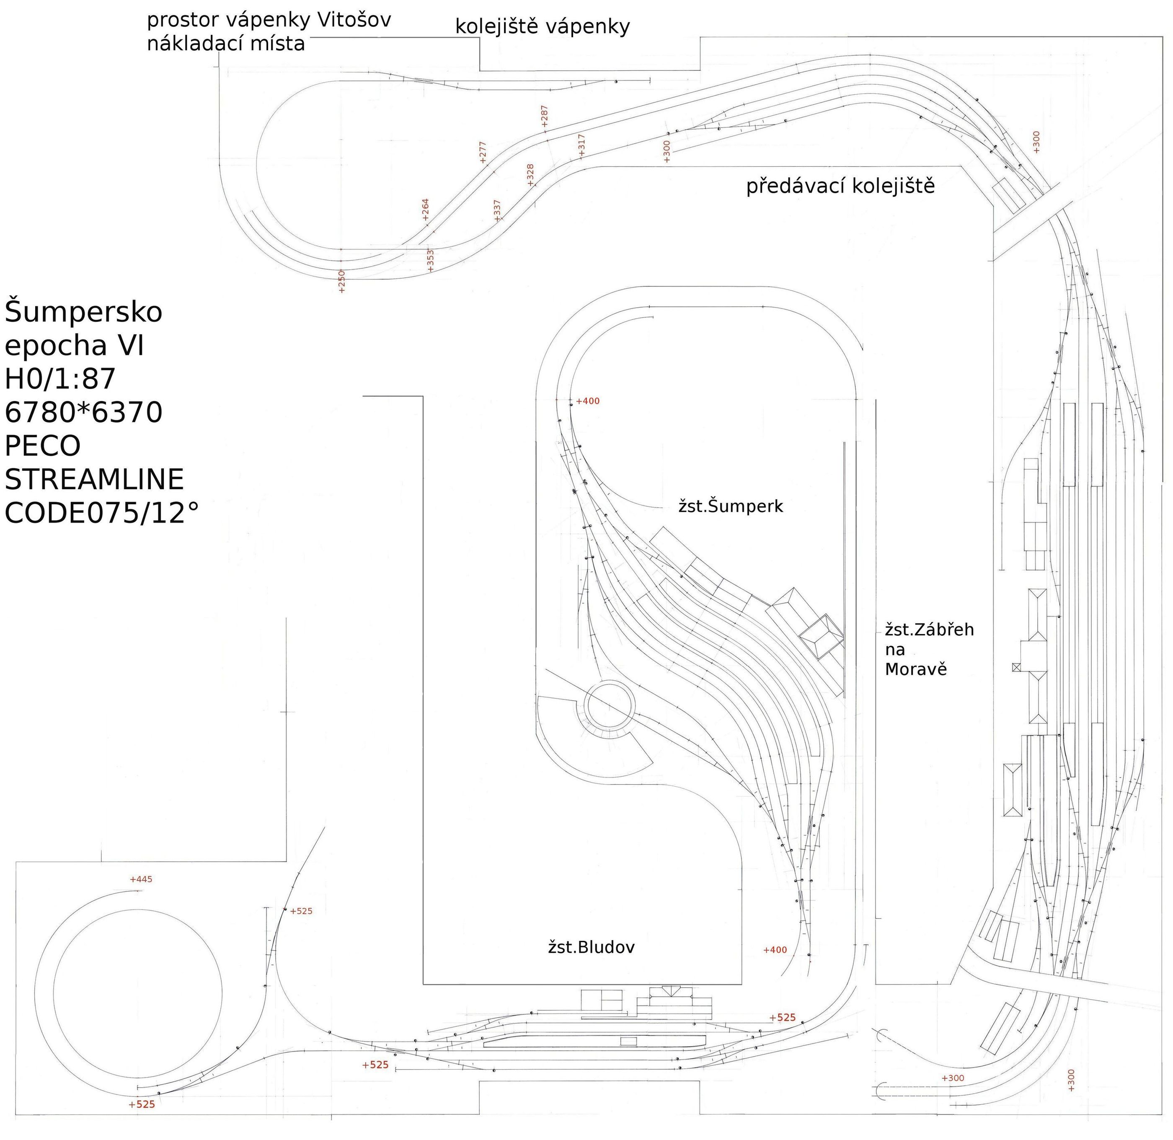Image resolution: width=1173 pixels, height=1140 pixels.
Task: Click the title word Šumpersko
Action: pyautogui.click(x=84, y=313)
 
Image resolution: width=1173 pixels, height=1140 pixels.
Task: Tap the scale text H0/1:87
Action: pyautogui.click(x=60, y=379)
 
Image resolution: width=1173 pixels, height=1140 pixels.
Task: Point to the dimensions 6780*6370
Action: pyautogui.click(x=84, y=412)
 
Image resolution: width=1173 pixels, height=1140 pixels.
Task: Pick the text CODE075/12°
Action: pyautogui.click(x=102, y=513)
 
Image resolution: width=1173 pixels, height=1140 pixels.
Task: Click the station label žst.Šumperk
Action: pyautogui.click(x=730, y=507)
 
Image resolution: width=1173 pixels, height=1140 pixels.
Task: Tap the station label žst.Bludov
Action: pyautogui.click(x=591, y=947)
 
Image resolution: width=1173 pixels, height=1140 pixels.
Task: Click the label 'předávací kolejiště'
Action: pyautogui.click(x=840, y=186)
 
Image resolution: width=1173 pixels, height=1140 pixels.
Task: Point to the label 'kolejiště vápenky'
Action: pyautogui.click(x=542, y=27)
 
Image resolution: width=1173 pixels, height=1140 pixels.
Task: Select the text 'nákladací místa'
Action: pyautogui.click(x=226, y=44)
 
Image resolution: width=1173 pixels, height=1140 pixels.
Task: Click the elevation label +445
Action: pyautogui.click(x=141, y=880)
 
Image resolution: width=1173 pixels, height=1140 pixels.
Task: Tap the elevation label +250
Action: pyautogui.click(x=342, y=281)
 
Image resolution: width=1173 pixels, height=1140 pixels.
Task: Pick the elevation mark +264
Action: pyautogui.click(x=426, y=210)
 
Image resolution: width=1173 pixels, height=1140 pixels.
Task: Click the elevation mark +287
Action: pyautogui.click(x=544, y=116)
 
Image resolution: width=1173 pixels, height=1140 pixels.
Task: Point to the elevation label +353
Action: pyautogui.click(x=430, y=260)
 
